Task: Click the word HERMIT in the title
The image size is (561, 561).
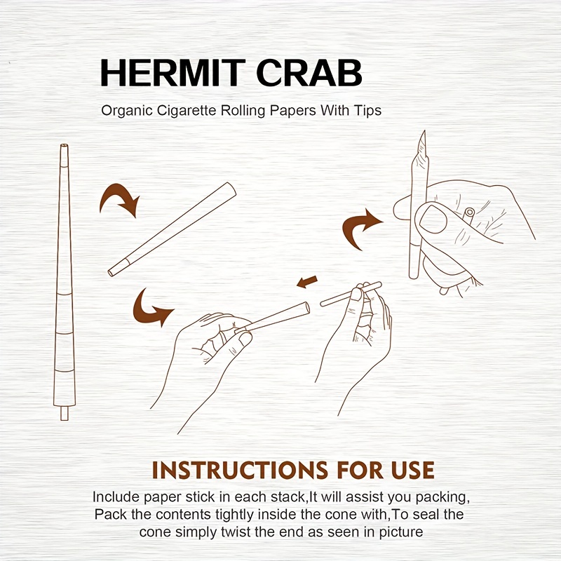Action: point(173,73)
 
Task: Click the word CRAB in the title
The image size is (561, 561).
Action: point(309,73)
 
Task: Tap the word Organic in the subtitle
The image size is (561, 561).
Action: point(127,111)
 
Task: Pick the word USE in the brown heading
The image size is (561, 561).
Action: point(412,470)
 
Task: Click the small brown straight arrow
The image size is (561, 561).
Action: point(307,281)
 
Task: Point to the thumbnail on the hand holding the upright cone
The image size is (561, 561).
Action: point(433,219)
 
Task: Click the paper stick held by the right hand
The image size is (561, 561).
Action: point(351,294)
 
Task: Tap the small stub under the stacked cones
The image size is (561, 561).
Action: point(65,412)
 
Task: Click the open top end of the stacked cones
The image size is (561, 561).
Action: point(64,146)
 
